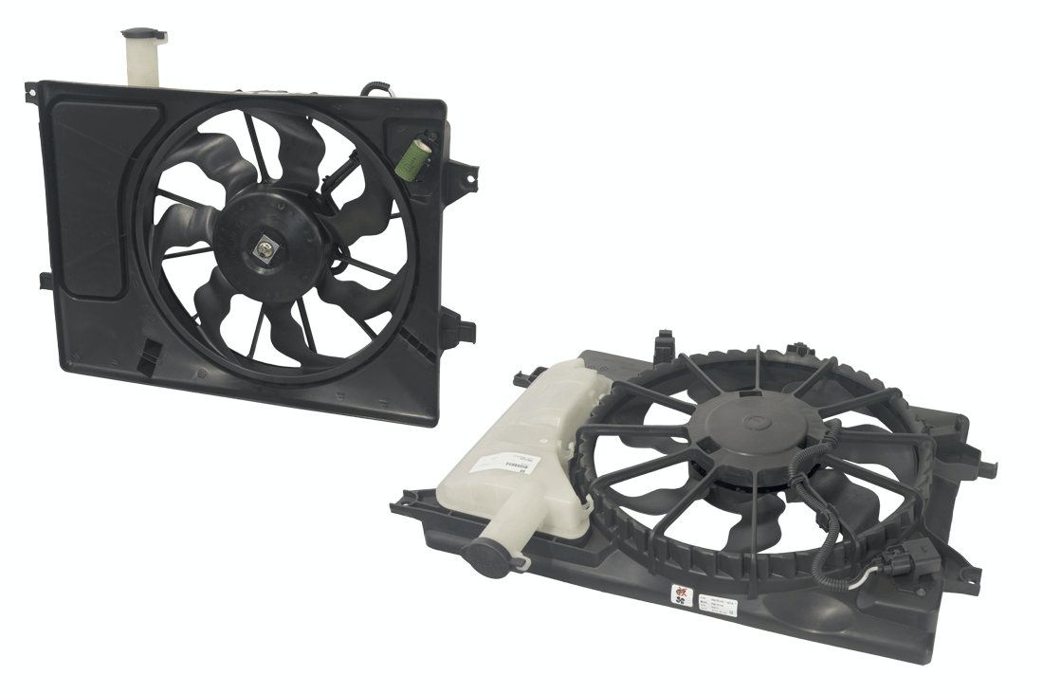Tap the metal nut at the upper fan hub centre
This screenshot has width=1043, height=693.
(265, 249)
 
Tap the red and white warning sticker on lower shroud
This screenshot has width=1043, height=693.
(682, 595)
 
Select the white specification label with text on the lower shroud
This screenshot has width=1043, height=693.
(717, 605)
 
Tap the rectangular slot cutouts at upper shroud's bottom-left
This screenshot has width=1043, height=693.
(147, 354)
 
